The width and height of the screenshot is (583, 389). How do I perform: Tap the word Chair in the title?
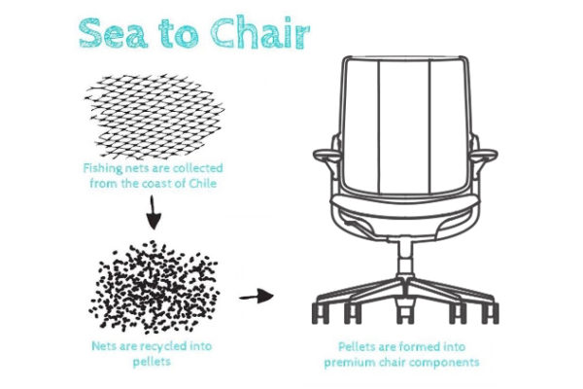(x=259, y=32)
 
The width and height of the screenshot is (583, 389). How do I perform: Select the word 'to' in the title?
(x=179, y=34)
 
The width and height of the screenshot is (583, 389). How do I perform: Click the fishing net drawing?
(x=154, y=117)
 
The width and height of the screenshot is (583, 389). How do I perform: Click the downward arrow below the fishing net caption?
(x=153, y=212)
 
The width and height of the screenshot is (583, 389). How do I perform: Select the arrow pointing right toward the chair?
(x=257, y=297)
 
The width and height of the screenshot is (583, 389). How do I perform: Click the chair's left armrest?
(x=326, y=155)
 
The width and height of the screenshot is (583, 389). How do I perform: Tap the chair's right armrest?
(x=485, y=155)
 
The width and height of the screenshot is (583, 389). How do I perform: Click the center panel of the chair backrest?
(x=404, y=125)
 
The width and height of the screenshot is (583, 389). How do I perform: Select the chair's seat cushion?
(x=404, y=205)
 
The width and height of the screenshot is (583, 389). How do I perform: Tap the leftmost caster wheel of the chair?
(x=320, y=313)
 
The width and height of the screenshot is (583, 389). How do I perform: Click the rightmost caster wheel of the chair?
(x=491, y=313)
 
